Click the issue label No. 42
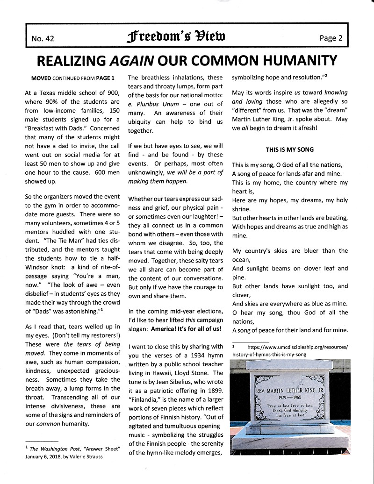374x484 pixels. click(x=43, y=39)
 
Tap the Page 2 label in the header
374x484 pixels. click(x=331, y=38)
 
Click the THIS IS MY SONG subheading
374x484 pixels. click(x=289, y=149)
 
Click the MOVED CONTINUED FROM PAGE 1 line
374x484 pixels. click(x=72, y=78)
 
